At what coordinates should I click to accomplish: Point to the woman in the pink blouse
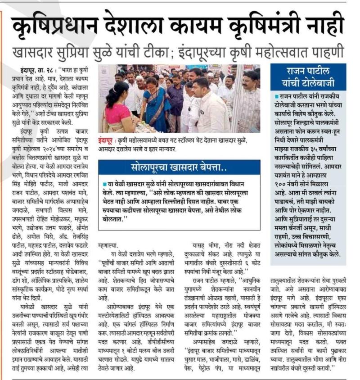118,108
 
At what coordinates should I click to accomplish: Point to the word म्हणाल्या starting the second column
110,246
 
